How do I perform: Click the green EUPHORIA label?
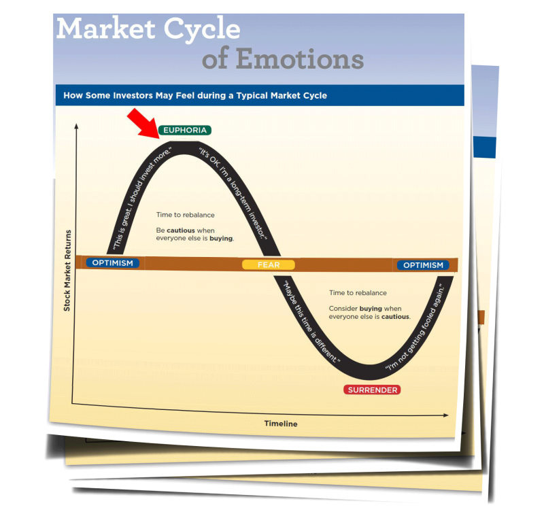click(x=184, y=130)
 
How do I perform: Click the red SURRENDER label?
click(x=372, y=390)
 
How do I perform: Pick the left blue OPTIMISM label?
click(x=113, y=263)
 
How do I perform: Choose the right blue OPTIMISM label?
click(x=423, y=265)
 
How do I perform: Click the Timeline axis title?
click(x=281, y=424)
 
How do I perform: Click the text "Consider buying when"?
click(x=364, y=309)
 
